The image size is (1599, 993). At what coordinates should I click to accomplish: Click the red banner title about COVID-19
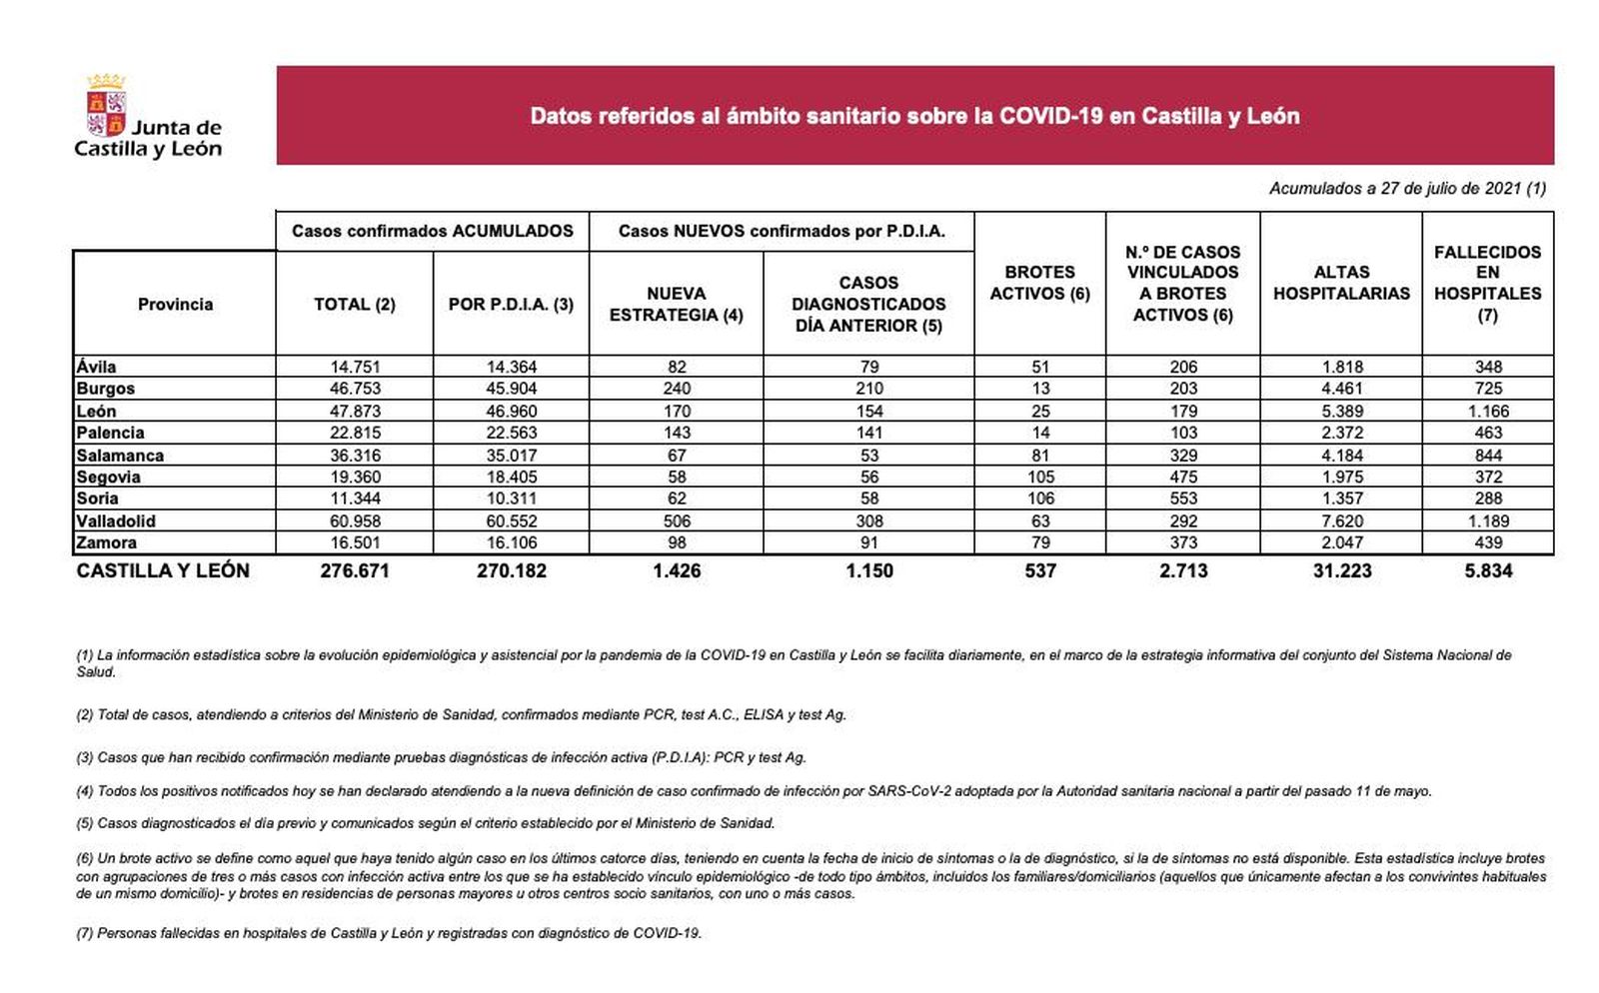pyautogui.click(x=914, y=116)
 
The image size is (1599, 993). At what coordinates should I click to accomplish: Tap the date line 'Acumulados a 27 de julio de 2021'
pyautogui.click(x=1407, y=188)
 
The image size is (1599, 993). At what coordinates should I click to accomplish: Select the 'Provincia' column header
pyautogui.click(x=175, y=304)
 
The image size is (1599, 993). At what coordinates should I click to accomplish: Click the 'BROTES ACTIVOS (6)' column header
pyautogui.click(x=1039, y=283)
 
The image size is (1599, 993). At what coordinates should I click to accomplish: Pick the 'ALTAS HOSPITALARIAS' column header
pyautogui.click(x=1341, y=283)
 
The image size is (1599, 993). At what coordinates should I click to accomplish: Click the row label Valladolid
pyautogui.click(x=116, y=520)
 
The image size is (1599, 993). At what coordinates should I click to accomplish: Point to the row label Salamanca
pyautogui.click(x=120, y=455)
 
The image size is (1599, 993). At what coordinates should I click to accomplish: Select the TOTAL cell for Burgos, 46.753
pyautogui.click(x=355, y=389)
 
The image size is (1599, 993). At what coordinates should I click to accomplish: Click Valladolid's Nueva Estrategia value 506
pyautogui.click(x=677, y=520)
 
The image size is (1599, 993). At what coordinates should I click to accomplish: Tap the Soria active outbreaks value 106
pyautogui.click(x=1040, y=498)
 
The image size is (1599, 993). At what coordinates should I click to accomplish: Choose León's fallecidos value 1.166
pyautogui.click(x=1488, y=411)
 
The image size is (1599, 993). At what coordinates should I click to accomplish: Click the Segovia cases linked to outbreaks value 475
pyautogui.click(x=1183, y=477)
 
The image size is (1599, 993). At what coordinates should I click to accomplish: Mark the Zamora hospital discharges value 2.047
pyautogui.click(x=1341, y=542)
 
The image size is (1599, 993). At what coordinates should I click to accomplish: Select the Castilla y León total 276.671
pyautogui.click(x=355, y=570)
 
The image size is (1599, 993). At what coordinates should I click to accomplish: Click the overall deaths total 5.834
pyautogui.click(x=1488, y=570)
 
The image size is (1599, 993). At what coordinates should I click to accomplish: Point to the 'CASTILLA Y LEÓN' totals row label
pyautogui.click(x=163, y=570)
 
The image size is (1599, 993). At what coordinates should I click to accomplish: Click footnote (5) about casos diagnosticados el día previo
pyautogui.click(x=425, y=823)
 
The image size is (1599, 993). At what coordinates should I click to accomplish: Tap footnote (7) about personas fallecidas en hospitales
pyautogui.click(x=389, y=933)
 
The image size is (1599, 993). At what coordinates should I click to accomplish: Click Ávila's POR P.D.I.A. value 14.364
pyautogui.click(x=511, y=367)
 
